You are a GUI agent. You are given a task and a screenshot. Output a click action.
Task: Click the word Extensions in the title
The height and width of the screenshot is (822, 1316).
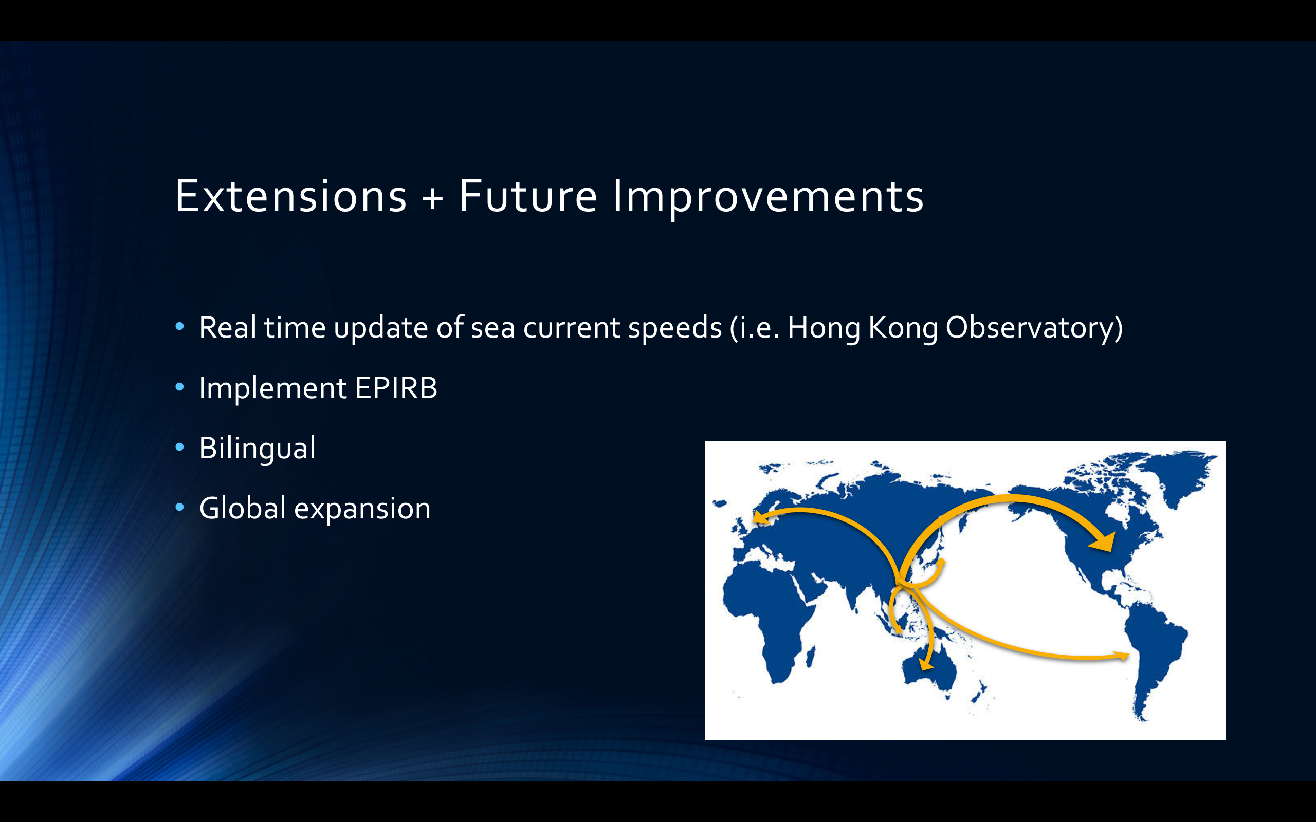pos(290,196)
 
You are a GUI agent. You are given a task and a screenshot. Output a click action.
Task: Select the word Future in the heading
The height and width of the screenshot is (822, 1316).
pos(528,196)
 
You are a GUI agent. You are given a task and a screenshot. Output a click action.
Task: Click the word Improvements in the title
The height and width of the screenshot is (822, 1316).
pos(769,199)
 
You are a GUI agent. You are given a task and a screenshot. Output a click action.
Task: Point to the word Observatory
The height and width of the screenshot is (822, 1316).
pos(1034,328)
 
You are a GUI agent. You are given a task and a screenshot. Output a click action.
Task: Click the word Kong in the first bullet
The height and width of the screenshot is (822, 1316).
pos(903,328)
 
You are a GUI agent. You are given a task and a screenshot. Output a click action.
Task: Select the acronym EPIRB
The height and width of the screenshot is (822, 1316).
pos(396,387)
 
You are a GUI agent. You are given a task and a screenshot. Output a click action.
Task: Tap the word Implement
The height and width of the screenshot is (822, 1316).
pos(273,387)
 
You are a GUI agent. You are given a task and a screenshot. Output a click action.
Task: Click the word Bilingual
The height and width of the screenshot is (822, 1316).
pos(257,449)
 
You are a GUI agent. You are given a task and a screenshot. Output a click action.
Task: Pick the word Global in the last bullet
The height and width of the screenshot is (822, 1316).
pos(243,508)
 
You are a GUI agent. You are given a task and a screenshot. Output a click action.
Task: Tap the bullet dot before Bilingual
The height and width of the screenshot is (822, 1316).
pos(180,447)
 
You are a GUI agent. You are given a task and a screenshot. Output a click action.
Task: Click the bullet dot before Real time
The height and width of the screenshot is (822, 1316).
pos(180,326)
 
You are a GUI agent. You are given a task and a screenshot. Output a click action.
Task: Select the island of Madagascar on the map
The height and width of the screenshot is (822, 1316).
pos(810,657)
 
